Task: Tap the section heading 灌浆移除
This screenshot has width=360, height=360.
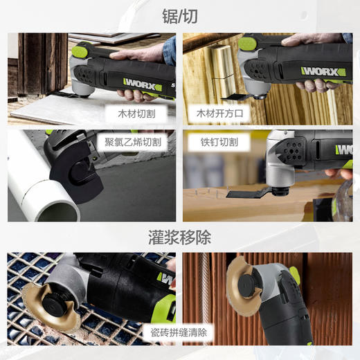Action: [179, 238]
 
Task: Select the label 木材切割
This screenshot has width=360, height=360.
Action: [132, 111]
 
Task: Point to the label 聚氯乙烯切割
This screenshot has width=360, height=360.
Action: [133, 141]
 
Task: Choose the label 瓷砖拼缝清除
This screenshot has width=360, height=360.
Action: [178, 332]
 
